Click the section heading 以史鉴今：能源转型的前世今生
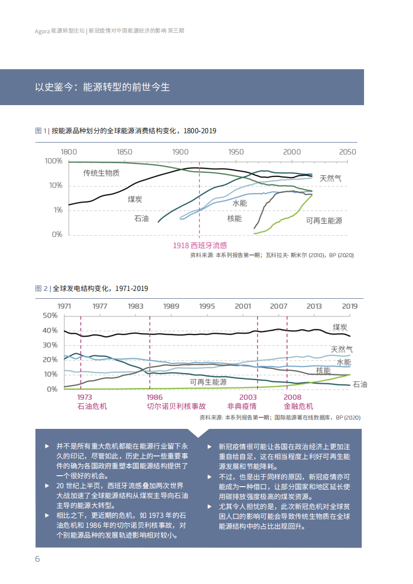point(103,87)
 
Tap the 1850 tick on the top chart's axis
point(124,152)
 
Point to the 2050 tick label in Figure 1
point(347,152)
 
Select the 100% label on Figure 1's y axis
point(54,161)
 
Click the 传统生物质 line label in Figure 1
point(102,173)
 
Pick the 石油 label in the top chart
point(141,219)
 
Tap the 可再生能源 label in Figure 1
point(324,221)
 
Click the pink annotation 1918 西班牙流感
point(200,245)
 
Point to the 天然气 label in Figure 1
point(331,178)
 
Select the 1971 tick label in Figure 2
point(65,306)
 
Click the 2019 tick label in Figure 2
point(349,306)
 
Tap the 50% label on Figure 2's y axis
point(50,316)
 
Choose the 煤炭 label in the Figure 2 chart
point(340,327)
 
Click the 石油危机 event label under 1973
point(92,406)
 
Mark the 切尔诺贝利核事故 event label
point(176,406)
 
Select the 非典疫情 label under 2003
point(242,406)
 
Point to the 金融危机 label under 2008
point(298,406)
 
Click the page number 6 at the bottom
point(37,559)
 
